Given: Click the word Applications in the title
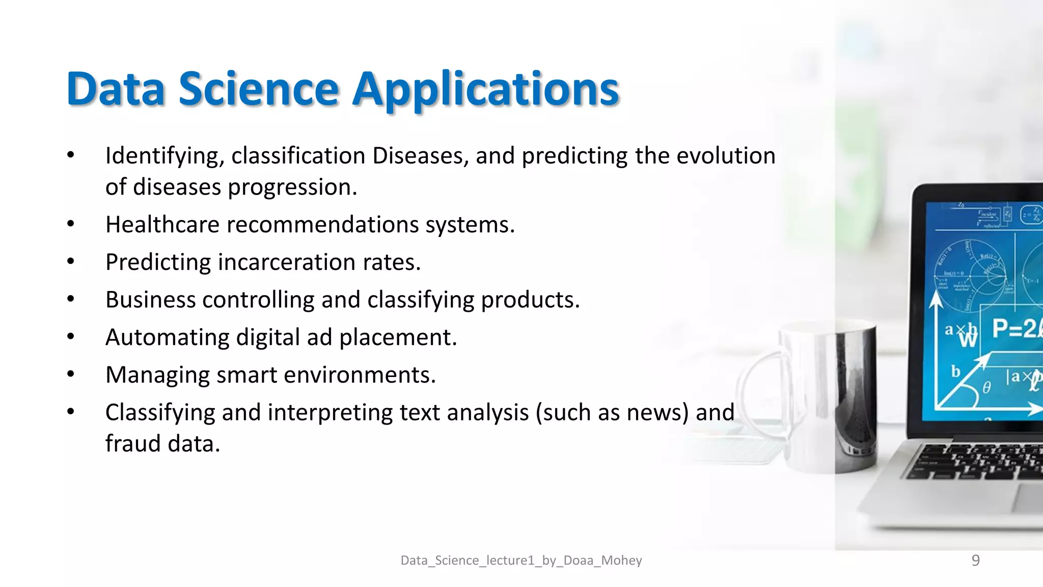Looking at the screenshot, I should (x=486, y=90).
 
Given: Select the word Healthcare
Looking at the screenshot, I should (x=162, y=225).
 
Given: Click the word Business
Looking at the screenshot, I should (x=150, y=300).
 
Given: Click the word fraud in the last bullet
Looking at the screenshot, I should (x=133, y=443).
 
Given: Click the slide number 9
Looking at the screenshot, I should (x=975, y=560).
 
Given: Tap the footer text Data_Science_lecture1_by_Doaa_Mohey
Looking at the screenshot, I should (x=521, y=561).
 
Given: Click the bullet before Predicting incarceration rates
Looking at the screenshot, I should (x=71, y=261).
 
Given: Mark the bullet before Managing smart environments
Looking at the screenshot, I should (x=71, y=374).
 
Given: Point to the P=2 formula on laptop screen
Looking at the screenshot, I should (x=1016, y=329).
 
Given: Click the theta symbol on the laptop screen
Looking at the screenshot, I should (x=986, y=388).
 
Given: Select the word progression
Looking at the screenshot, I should (x=292, y=188).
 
